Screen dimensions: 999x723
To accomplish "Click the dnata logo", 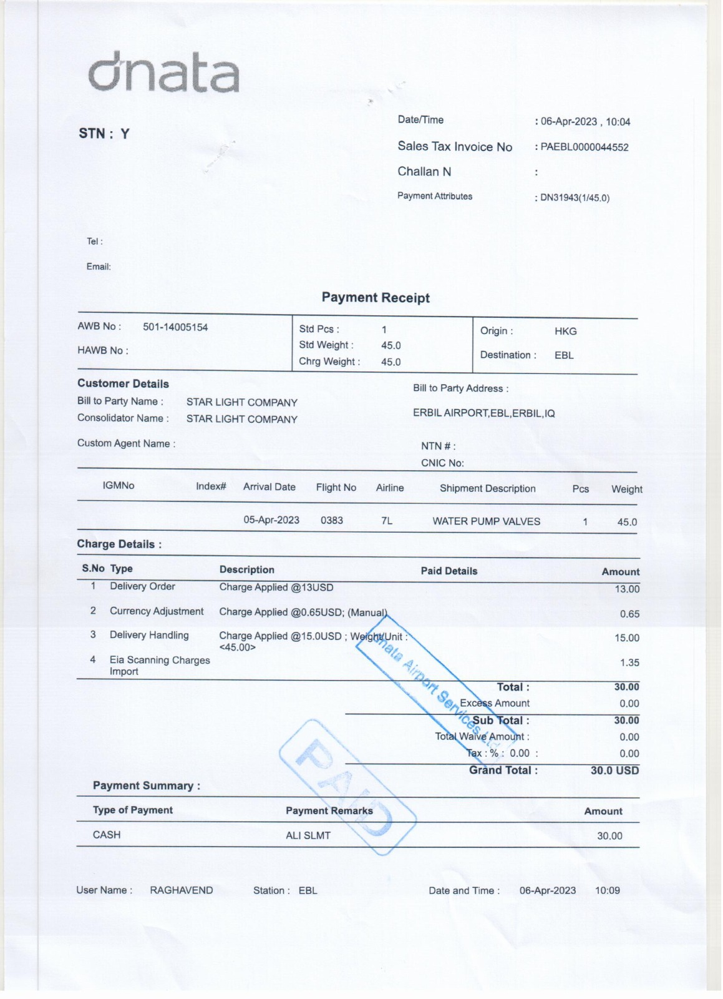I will coord(163,74).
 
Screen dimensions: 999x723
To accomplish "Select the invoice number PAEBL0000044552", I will coord(585,147).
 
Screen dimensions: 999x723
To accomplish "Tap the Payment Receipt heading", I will coord(376,298).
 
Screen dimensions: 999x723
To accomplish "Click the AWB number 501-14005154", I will coord(175,327).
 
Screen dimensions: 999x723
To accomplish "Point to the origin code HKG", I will coord(565,332).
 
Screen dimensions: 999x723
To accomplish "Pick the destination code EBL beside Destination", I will coord(564,355).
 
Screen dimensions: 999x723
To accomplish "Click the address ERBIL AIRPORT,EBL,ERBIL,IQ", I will coord(483,413).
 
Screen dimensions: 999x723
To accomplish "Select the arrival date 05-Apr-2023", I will coord(271,520).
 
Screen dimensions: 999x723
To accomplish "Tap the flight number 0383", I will coord(332,520).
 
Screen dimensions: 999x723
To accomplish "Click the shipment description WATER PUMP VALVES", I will coord(487,521).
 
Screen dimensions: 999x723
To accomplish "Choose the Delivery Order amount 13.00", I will coord(627,589).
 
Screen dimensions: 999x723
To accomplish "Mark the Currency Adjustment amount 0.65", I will coord(629,614).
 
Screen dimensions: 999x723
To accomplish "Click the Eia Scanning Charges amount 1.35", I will coord(629,662).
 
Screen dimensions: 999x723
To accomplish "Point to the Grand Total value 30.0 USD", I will coord(614,770).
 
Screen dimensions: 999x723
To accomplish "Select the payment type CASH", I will coord(107,835).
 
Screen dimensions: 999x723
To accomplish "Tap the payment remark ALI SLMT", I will coord(308,835).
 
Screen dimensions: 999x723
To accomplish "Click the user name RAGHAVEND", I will coord(182,890).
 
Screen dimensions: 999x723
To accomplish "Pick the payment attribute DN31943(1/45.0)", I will coord(575,198).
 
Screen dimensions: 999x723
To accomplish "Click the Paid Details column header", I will coord(449,571).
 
